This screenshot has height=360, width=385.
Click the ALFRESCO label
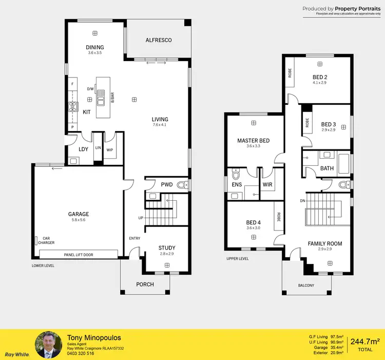[x=158, y=40]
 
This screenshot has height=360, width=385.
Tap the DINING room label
[x=94, y=47]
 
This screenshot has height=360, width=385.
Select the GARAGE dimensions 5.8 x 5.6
[x=79, y=220]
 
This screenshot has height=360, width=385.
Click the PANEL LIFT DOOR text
[x=79, y=255]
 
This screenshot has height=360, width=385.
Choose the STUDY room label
[x=167, y=248]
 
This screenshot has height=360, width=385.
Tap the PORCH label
[x=145, y=284]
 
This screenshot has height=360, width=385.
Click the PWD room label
[x=167, y=184]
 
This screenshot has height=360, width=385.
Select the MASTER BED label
[x=253, y=141]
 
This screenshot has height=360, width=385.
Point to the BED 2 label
[x=320, y=78]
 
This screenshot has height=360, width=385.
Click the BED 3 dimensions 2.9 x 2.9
[x=328, y=130]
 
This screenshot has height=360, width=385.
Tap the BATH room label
[x=327, y=168]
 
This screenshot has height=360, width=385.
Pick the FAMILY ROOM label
[x=324, y=243]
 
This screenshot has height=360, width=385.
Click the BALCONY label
[x=306, y=286]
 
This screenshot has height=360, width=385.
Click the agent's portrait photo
[x=49, y=344]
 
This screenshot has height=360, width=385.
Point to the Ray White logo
[x=16, y=354]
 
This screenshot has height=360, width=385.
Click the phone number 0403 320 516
[x=81, y=353]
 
